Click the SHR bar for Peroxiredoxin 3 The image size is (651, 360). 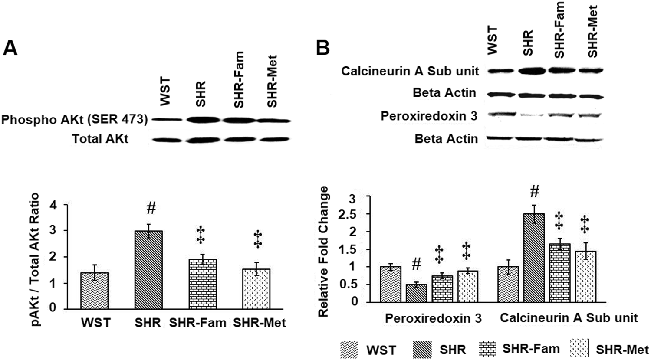[x=416, y=293]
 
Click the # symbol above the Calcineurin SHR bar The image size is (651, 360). [x=535, y=191]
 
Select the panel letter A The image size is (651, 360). [x=10, y=49]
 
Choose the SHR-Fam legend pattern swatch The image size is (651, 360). [x=488, y=348]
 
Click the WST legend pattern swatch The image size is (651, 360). [x=349, y=349]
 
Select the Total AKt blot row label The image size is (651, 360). [x=100, y=139]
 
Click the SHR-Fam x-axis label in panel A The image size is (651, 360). [x=197, y=323]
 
